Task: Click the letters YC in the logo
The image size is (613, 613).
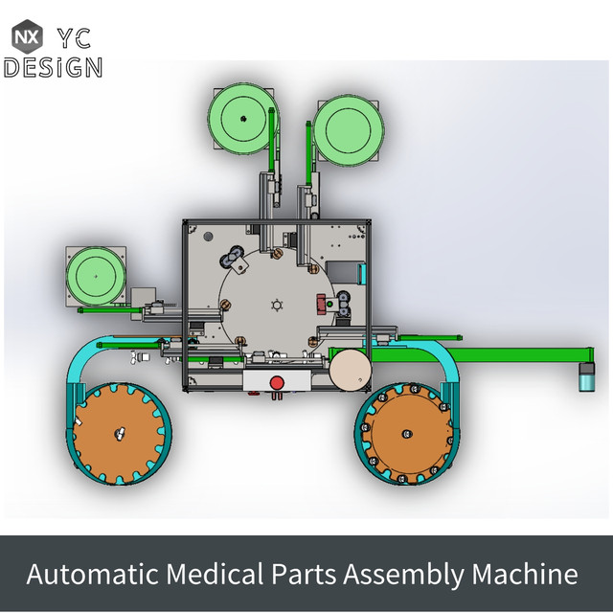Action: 76,37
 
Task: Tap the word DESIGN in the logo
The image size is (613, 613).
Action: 53,67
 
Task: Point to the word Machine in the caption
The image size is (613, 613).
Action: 525,575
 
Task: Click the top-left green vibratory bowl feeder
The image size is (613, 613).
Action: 242,119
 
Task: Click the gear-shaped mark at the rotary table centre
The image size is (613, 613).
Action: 277,306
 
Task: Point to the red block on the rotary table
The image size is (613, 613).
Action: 320,305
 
